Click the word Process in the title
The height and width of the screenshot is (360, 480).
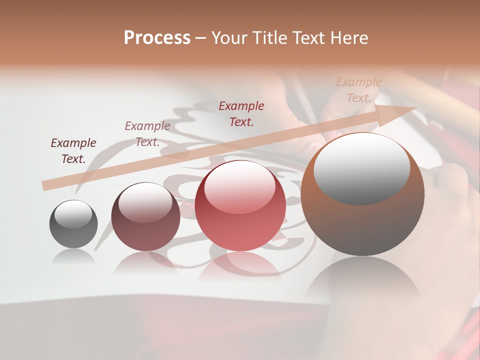pos(157,37)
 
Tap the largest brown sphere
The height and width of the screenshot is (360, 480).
pos(362,225)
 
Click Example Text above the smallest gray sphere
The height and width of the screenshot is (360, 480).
pos(73,151)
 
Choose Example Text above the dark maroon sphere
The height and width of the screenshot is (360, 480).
pos(147,134)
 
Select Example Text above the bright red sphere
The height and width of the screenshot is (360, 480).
pos(241,113)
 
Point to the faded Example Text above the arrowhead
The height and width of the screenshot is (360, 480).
pos(358,90)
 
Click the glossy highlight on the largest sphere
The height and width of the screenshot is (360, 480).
pos(361,167)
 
